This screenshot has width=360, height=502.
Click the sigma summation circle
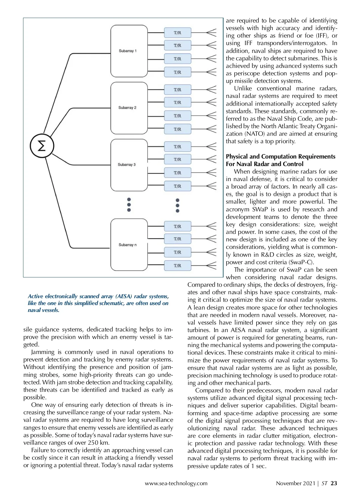click(x=42, y=146)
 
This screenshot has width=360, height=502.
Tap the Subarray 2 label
click(x=127, y=107)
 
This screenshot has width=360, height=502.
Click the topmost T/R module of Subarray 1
click(x=178, y=33)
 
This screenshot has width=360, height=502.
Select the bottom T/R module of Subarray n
click(x=178, y=265)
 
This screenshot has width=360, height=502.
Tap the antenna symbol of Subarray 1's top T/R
click(x=211, y=32)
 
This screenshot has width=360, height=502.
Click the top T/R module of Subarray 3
click(x=178, y=147)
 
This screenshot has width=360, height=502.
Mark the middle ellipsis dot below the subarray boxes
click(x=129, y=205)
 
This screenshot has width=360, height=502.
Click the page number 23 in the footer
click(x=334, y=483)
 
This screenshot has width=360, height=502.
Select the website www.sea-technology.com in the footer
click(x=176, y=483)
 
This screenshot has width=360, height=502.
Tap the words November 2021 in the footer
click(x=295, y=483)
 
